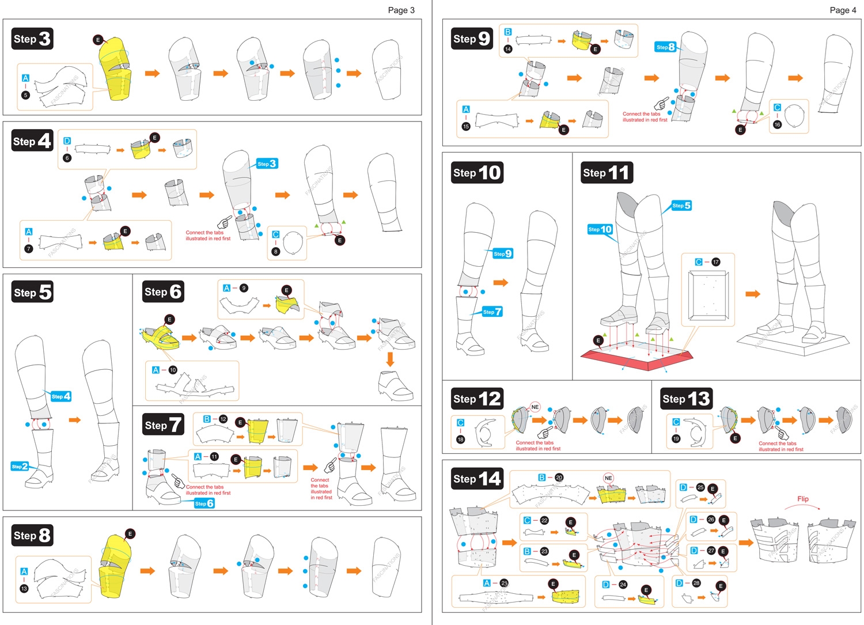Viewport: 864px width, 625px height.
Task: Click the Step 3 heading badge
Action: [32, 39]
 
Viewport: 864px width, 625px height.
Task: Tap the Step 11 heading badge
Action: [607, 172]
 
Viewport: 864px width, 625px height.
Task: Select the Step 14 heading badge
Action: [477, 479]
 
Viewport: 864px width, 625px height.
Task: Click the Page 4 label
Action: [843, 10]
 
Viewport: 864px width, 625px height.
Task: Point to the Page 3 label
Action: [401, 10]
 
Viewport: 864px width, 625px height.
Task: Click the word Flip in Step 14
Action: [802, 499]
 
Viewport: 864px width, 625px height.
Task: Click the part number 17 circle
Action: [715, 262]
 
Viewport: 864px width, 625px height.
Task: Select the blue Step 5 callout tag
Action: [681, 206]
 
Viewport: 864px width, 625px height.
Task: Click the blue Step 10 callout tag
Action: [600, 229]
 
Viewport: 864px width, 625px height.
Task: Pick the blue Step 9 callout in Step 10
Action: [502, 253]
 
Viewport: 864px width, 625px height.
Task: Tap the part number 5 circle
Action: [25, 95]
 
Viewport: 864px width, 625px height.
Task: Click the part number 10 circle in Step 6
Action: [173, 370]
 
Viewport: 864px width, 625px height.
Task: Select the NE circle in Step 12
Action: [535, 407]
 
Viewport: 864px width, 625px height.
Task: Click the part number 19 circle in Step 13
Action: [676, 438]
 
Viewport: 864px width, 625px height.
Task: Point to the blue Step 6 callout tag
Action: [204, 503]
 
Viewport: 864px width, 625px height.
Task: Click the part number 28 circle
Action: [696, 583]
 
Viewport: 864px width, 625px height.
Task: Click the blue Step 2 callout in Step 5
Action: [20, 466]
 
